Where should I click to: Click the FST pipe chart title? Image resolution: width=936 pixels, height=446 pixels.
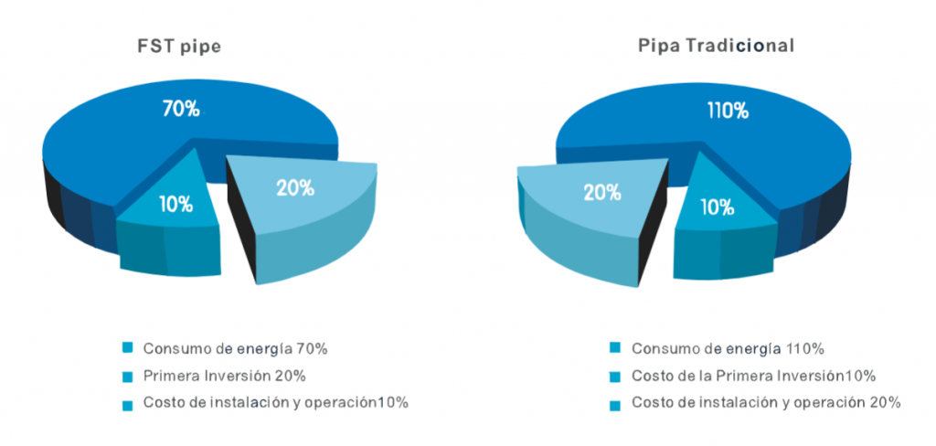(x=179, y=45)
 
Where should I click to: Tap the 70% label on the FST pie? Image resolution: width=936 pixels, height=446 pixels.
(x=181, y=109)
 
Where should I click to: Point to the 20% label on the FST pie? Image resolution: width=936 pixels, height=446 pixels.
(x=295, y=188)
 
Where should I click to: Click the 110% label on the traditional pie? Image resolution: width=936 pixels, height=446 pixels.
(x=728, y=111)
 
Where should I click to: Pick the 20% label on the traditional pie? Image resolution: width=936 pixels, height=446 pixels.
(x=600, y=192)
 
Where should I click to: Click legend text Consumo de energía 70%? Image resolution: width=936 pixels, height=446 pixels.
(x=235, y=348)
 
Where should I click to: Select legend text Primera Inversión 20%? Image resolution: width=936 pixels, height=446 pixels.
(x=224, y=376)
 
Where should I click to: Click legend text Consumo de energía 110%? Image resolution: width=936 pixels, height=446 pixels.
(x=729, y=348)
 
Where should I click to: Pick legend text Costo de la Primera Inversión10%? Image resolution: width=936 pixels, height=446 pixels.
(x=754, y=376)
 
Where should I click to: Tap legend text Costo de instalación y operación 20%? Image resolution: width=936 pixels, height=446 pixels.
(x=767, y=403)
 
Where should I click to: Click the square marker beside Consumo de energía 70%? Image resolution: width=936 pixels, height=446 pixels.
(x=128, y=348)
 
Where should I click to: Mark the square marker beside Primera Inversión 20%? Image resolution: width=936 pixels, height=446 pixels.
(x=128, y=376)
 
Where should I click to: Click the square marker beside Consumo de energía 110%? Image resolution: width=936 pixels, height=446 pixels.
(x=616, y=348)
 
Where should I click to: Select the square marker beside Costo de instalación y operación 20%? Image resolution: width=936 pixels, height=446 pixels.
(x=616, y=404)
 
